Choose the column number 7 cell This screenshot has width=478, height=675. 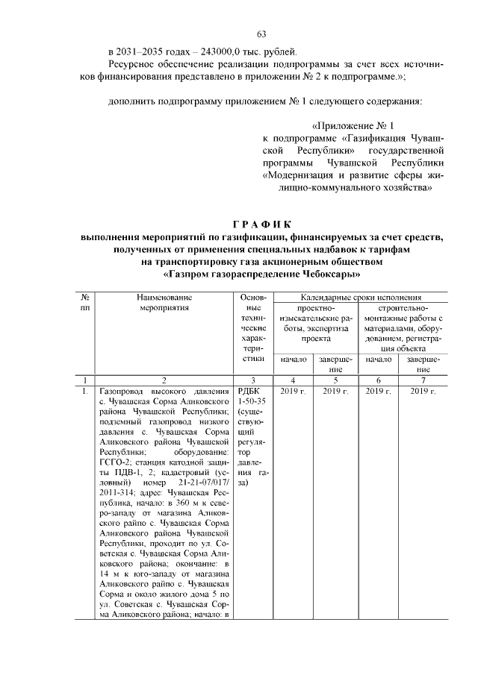pos(423,380)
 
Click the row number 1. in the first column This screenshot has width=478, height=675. pos(85,391)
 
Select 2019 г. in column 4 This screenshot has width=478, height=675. pos(294,391)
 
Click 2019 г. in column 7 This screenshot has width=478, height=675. pos(423,391)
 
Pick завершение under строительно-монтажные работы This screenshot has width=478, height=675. pos(423,363)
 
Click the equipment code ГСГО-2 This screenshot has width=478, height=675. pos(114,462)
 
